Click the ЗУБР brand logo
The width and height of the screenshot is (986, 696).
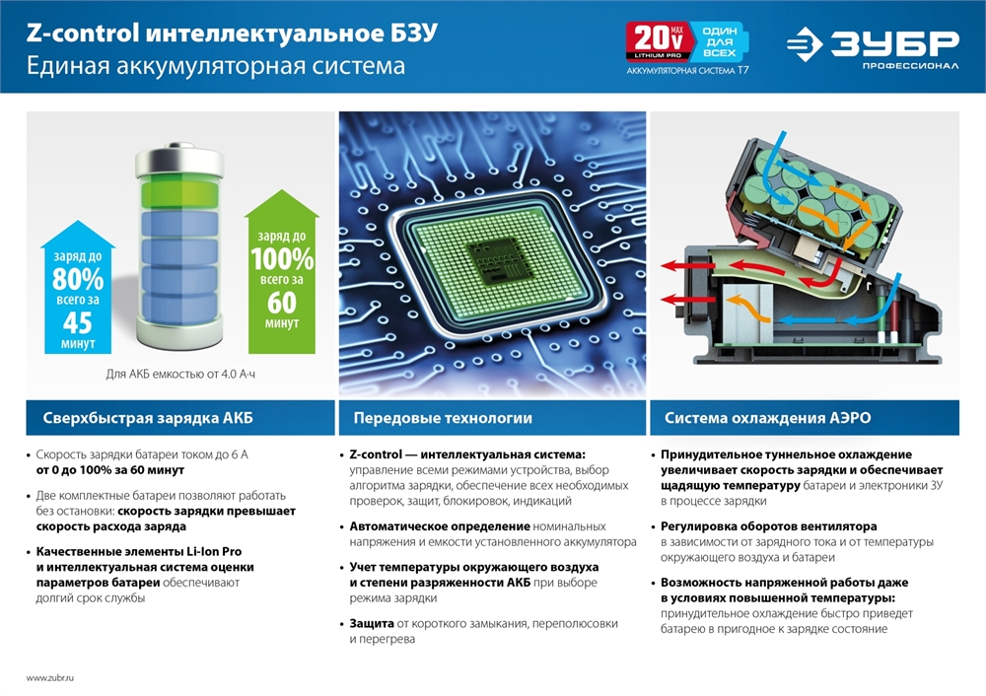coord(873,44)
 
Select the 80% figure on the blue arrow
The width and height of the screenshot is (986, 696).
coord(78,280)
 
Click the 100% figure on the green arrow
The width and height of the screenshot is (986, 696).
coord(282,259)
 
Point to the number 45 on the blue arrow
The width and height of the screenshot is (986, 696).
coord(78,322)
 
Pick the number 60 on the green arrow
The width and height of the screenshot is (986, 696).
coord(282,304)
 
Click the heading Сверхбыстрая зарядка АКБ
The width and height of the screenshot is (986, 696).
coord(148,418)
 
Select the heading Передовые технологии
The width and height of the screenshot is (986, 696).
coord(443,418)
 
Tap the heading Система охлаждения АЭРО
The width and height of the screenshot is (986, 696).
coord(767,418)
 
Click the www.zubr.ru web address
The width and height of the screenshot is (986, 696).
coord(50,678)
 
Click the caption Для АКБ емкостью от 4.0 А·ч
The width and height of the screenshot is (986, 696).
coord(186,374)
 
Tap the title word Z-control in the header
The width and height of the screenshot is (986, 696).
coord(83,34)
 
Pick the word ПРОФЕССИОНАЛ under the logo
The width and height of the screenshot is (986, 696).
coord(909,66)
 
